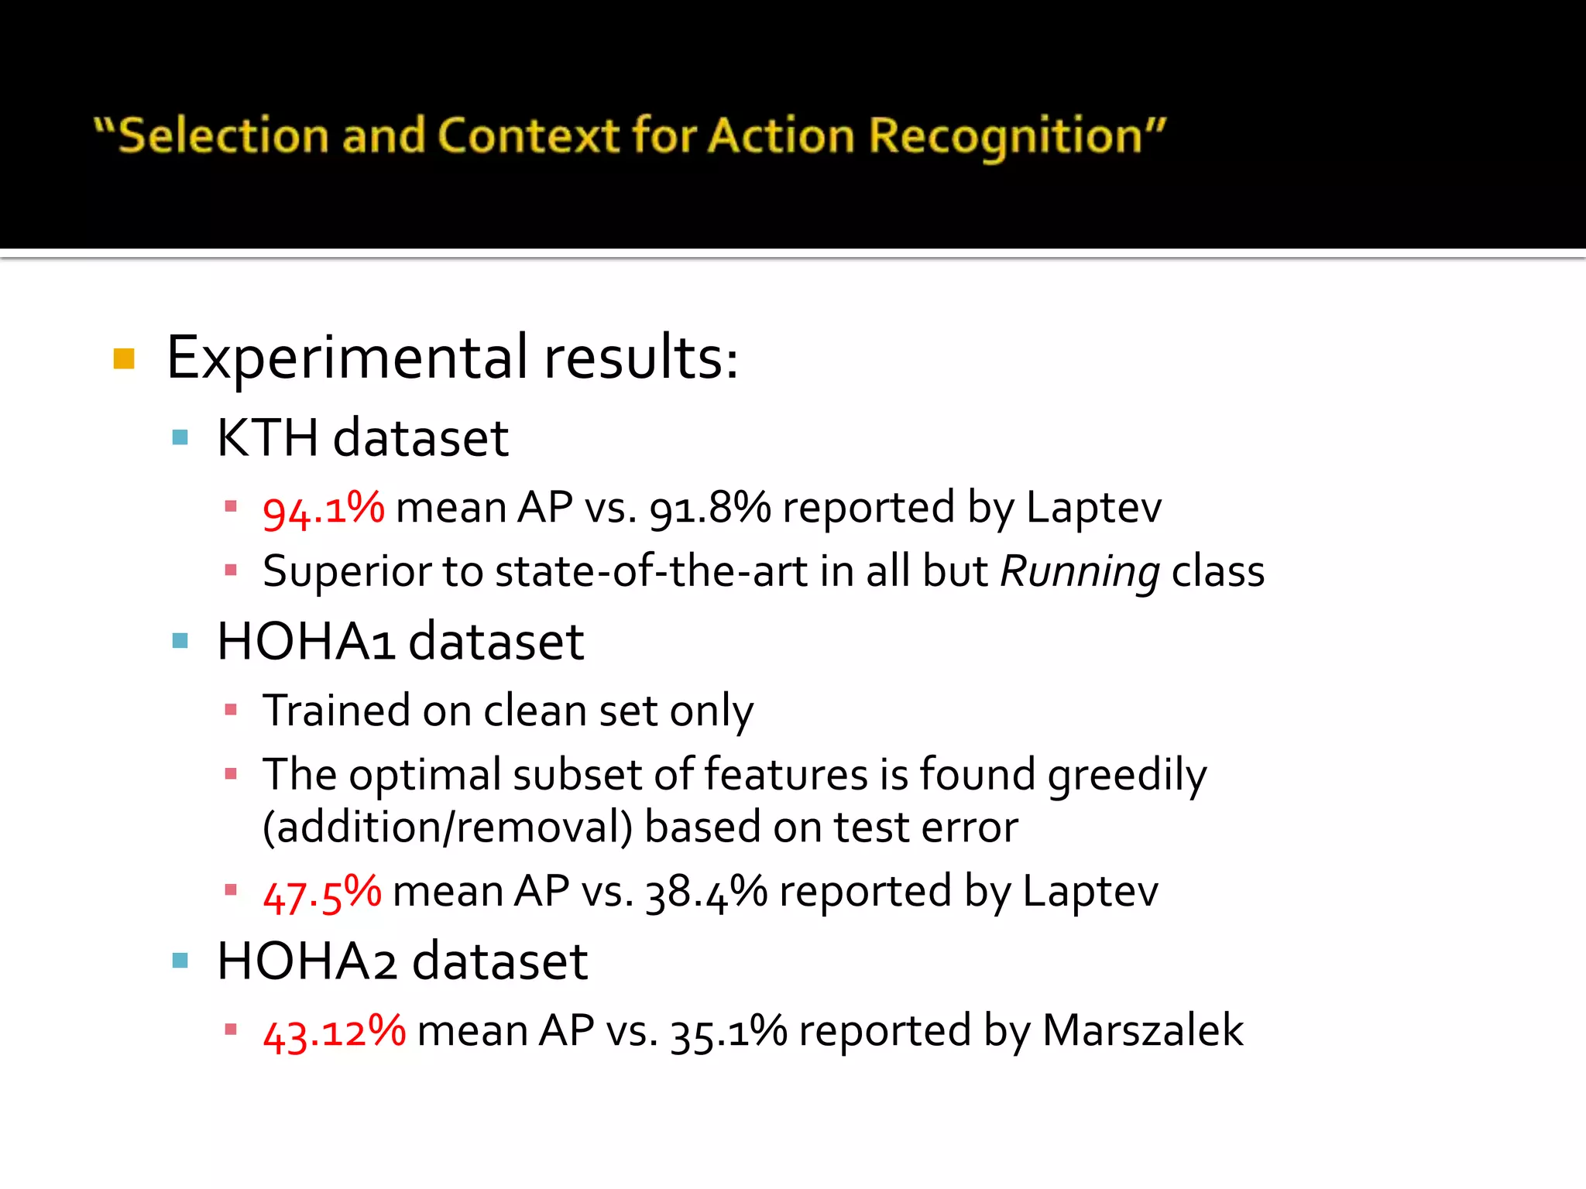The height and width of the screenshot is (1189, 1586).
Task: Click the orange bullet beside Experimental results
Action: [124, 359]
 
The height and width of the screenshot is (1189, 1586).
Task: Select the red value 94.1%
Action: [323, 509]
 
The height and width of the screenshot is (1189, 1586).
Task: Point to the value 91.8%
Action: [709, 509]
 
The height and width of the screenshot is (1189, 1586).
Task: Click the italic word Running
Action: [1080, 573]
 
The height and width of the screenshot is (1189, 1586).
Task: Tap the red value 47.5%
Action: [321, 893]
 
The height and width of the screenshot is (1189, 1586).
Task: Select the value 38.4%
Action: [705, 893]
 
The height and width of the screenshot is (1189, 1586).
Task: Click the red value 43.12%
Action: [334, 1032]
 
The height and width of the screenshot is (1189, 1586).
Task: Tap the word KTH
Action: [267, 438]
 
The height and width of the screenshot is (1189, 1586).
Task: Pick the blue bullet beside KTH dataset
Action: [180, 438]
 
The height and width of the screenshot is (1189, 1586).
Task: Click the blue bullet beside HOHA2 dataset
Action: [180, 961]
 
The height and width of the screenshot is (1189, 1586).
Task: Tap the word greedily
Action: [1127, 776]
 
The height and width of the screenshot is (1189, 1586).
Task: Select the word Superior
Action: [346, 573]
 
